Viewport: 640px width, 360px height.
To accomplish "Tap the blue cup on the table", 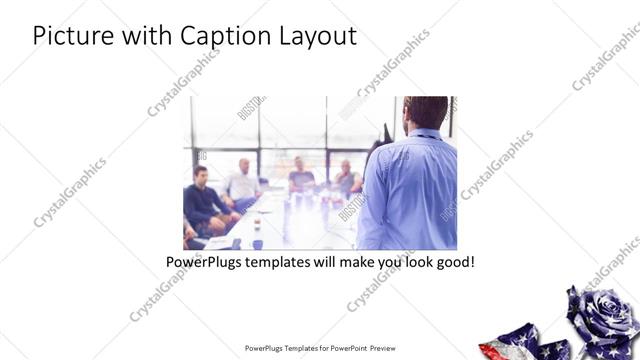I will point(258,243).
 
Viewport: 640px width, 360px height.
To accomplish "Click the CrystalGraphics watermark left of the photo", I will point(71,191).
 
